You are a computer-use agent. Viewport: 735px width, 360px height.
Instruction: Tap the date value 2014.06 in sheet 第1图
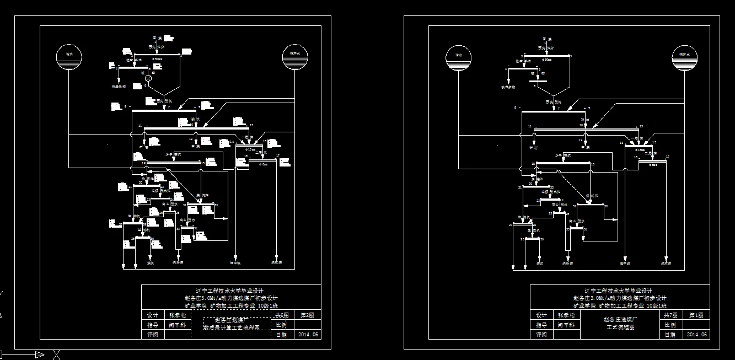pyautogui.click(x=696, y=335)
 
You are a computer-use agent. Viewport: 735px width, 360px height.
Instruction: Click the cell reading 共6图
pyautogui.click(x=282, y=315)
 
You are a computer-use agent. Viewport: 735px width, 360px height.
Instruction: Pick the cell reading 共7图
pyautogui.click(x=670, y=315)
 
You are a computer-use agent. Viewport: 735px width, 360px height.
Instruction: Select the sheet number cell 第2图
pyautogui.click(x=308, y=315)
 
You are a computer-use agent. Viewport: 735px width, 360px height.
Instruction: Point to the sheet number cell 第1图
pyautogui.click(x=696, y=315)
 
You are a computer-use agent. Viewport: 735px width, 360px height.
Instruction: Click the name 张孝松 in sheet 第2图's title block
pyautogui.click(x=178, y=315)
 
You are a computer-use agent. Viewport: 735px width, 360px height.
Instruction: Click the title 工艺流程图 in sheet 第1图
pyautogui.click(x=621, y=327)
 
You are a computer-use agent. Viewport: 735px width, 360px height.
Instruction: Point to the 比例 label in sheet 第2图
pyautogui.click(x=281, y=325)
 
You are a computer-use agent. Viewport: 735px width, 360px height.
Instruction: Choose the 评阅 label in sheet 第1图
pyautogui.click(x=541, y=335)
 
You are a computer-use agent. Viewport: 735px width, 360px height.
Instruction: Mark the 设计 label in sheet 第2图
pyautogui.click(x=153, y=315)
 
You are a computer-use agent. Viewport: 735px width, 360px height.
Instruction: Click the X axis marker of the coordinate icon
pyautogui.click(x=56, y=354)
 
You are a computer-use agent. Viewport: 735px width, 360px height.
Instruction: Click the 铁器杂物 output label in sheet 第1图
pyautogui.click(x=507, y=87)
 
